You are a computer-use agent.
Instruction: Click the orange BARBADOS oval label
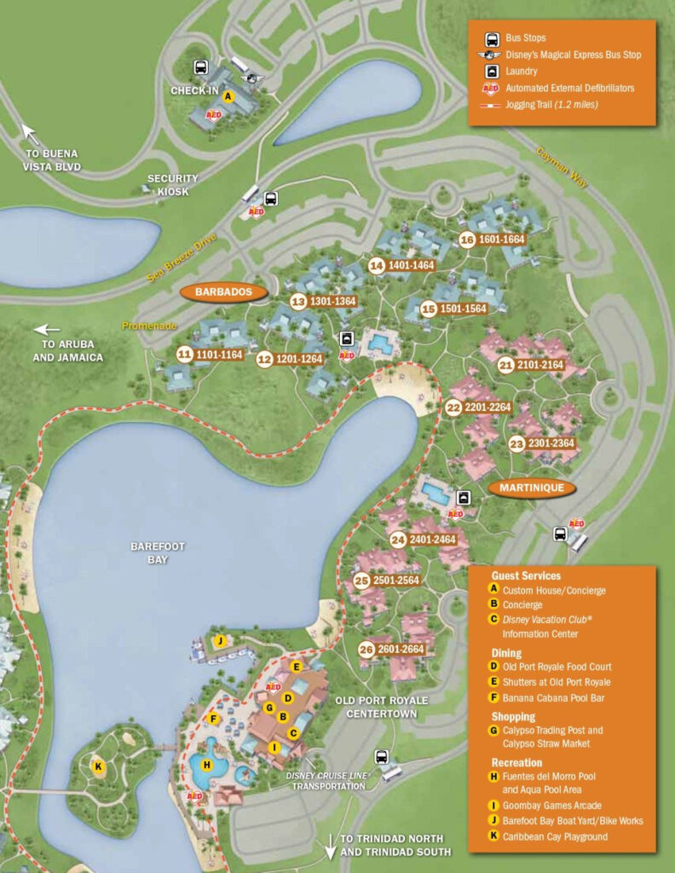224,292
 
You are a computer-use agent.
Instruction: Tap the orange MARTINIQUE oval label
532,489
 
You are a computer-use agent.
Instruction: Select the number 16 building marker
466,240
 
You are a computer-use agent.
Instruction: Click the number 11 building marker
184,354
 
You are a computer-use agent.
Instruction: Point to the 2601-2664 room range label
401,650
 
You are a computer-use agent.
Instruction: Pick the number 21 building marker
506,366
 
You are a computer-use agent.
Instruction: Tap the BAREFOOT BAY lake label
159,552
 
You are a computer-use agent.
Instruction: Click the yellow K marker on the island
99,767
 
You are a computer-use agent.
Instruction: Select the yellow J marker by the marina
220,641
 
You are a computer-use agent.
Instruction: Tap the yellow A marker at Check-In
228,96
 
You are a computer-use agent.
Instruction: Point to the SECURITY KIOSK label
172,184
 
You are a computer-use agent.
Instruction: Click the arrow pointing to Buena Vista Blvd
31,134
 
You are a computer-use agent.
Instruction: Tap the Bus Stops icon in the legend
492,39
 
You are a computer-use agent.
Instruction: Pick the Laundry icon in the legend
492,72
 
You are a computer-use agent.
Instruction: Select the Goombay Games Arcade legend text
551,805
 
